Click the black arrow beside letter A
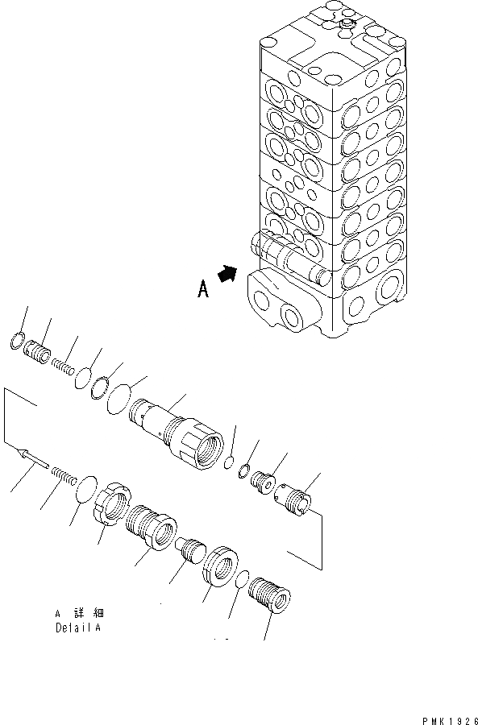pyautogui.click(x=228, y=275)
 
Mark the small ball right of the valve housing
pyautogui.click(x=229, y=462)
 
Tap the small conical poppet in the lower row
pyautogui.click(x=191, y=552)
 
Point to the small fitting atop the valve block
pyautogui.click(x=347, y=26)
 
